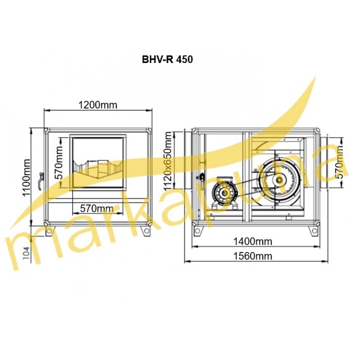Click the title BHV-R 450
click(x=167, y=59)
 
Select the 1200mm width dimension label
click(x=98, y=105)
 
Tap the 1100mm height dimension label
click(x=27, y=177)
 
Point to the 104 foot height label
click(x=27, y=253)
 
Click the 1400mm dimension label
click(x=252, y=241)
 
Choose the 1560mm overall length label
click(x=252, y=256)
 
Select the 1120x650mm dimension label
click(x=168, y=161)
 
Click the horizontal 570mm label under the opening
click(x=97, y=208)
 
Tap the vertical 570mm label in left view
click(x=59, y=162)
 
